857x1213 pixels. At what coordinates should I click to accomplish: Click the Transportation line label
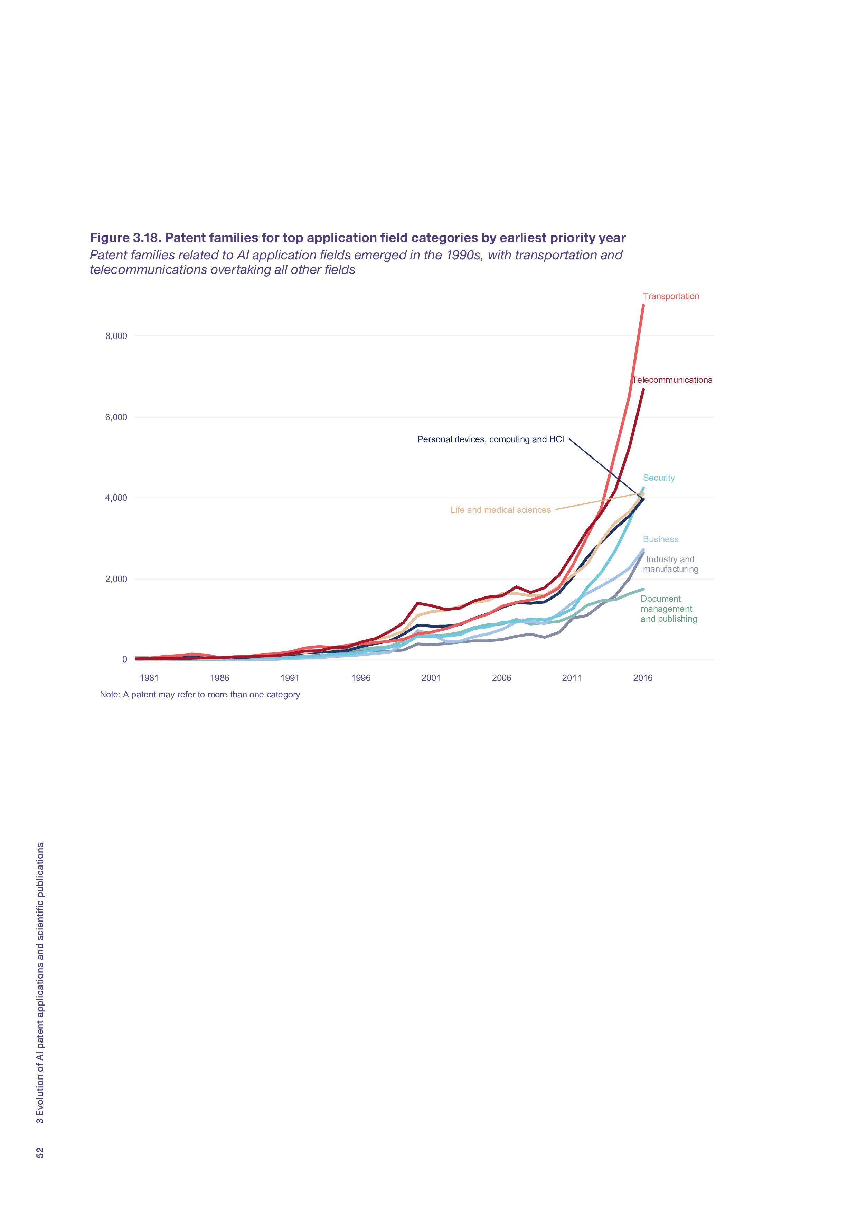[671, 296]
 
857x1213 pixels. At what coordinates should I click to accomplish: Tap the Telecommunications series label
[672, 380]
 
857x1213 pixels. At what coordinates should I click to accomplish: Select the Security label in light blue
[658, 478]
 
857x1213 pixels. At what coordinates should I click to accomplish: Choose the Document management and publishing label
[668, 609]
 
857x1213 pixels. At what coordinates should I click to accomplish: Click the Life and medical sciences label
[500, 510]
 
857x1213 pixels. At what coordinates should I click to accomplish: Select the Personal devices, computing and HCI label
[490, 439]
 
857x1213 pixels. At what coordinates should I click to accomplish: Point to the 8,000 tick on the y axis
[116, 336]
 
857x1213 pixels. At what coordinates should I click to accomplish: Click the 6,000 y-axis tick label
[116, 417]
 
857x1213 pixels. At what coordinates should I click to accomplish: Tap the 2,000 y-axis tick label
[116, 579]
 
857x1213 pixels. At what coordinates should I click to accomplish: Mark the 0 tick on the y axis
[125, 659]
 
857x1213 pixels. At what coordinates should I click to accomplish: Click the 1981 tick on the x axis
[149, 678]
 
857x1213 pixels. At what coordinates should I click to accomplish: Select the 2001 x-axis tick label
[431, 678]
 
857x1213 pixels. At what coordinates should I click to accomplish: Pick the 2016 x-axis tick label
[643, 678]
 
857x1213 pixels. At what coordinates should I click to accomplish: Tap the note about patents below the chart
[200, 695]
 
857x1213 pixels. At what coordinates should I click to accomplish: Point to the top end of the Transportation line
[643, 305]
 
